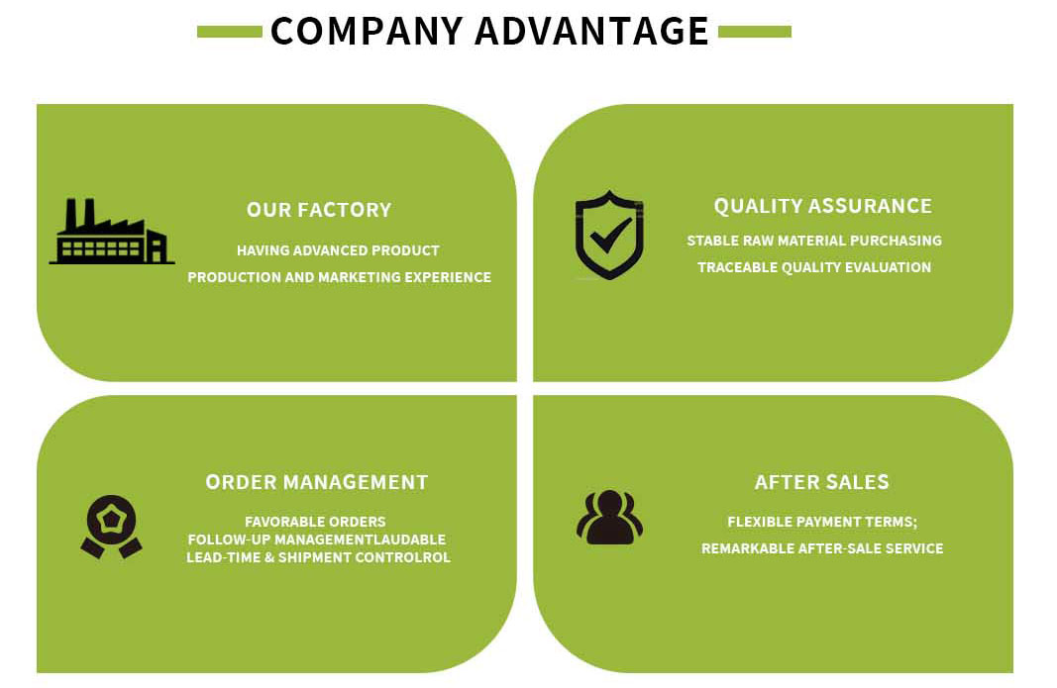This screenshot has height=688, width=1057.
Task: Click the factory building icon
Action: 111,234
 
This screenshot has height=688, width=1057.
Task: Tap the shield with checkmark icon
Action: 609,235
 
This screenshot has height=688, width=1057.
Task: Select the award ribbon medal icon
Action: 111,526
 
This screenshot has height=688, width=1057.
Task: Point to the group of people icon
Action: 609,518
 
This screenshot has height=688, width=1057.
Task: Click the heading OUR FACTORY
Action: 319,210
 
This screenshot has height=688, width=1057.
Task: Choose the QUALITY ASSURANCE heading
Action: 822,206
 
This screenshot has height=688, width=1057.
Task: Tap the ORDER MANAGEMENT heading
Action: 317,482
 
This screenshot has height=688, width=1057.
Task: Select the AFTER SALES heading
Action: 821,482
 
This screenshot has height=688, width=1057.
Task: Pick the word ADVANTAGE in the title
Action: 591,31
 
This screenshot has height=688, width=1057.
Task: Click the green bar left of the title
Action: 229,32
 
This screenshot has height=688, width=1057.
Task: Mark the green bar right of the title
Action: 754,32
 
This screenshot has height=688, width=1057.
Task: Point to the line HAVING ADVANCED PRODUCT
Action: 338,250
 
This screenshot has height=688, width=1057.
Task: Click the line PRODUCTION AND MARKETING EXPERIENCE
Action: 339,277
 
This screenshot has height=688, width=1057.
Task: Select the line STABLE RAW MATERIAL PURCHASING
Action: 813,241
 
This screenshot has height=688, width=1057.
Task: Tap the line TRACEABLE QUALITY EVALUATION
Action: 813,267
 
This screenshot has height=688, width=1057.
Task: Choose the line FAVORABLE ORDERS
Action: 315,522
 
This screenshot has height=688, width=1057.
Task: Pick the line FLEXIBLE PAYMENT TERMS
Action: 822,522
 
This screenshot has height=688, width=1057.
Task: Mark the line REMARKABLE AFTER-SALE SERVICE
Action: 822,548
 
